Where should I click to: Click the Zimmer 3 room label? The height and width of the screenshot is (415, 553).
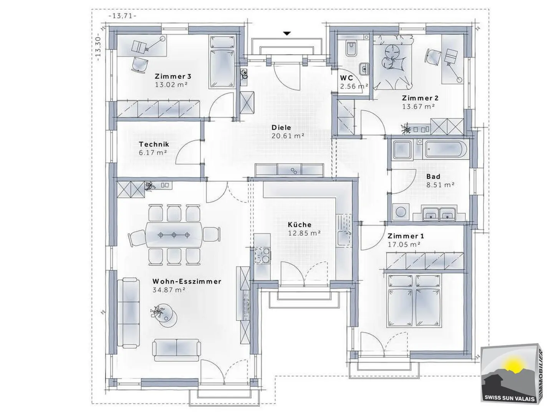pos(173,76)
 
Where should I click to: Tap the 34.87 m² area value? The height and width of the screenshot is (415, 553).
pos(169,290)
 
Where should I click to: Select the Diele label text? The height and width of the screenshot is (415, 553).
pos(281,128)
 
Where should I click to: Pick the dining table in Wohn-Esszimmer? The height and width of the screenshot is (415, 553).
pos(174,235)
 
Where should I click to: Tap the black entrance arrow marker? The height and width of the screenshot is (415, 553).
pos(287,33)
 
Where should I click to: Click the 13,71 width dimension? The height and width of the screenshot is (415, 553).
pos(123,16)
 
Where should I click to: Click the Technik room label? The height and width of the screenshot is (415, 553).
pos(154,144)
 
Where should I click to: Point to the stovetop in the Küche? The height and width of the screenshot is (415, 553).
pos(262,255)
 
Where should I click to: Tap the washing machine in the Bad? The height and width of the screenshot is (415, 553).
pos(400,212)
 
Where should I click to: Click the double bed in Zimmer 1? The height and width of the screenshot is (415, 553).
pos(414,301)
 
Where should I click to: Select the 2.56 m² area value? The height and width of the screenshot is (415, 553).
pos(354,86)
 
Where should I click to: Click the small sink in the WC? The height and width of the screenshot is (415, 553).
pos(364,68)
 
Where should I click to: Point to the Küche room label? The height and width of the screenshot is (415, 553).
pos(300,224)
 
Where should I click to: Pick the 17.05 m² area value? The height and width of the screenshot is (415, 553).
pos(404,244)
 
